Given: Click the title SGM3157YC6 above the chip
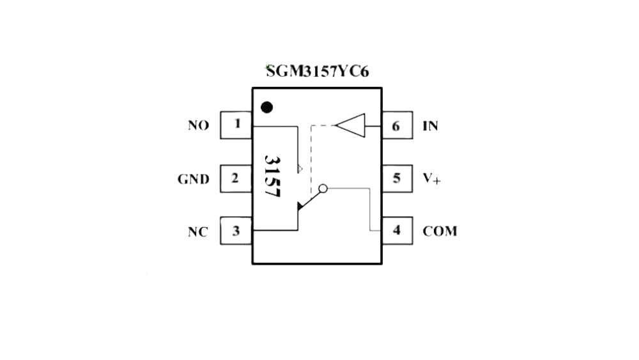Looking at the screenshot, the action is [318, 72].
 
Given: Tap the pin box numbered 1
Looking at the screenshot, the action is [236, 125].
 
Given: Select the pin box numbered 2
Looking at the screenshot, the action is [236, 178].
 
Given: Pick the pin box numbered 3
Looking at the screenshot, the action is [236, 231].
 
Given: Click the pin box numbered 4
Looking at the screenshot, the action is [397, 231].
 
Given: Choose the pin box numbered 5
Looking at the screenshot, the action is [397, 178].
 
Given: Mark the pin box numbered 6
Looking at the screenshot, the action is [397, 125].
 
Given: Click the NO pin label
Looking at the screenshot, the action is [199, 125].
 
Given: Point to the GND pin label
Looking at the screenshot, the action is [194, 180].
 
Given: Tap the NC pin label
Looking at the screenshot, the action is [198, 232].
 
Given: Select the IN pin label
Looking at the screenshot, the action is [430, 126].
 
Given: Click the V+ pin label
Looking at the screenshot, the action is [431, 178].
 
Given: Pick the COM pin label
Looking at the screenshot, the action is [440, 231].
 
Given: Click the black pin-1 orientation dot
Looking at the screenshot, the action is [266, 107].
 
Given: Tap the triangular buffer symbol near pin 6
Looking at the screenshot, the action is [350, 125].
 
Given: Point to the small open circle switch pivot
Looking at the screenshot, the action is [323, 189].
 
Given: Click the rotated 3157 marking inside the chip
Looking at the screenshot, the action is [273, 176].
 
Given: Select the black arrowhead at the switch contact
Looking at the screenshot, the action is [300, 207].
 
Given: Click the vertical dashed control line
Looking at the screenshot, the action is [311, 160].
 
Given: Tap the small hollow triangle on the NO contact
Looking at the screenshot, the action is [300, 168].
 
